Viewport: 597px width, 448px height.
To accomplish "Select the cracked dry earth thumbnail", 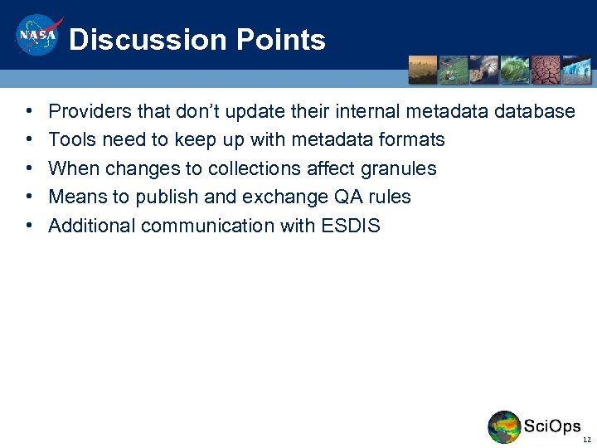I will tap(546, 70).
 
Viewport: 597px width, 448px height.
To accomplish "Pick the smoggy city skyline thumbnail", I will tap(423, 70).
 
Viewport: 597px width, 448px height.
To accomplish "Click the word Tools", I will tap(71, 139).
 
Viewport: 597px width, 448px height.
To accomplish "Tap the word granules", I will tap(396, 168).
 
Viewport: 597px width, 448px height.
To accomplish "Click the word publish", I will tap(165, 197).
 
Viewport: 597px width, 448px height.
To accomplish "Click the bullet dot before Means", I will tap(29, 197).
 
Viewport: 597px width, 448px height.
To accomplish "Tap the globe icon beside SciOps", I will tap(504, 427).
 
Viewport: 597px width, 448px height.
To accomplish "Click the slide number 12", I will tap(587, 440).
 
